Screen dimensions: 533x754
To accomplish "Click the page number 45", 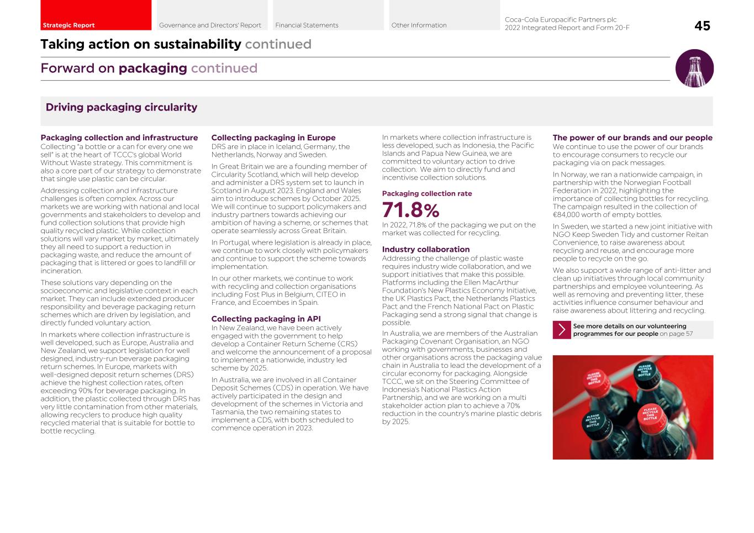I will [x=702, y=26].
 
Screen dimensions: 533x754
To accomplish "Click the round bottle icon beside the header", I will [x=694, y=68].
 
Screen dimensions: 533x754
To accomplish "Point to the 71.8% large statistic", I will [x=410, y=210].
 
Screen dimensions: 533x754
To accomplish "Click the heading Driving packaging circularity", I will [x=122, y=107].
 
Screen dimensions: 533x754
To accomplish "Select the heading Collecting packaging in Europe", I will [x=273, y=138].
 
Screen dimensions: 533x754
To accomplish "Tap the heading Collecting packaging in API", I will [x=266, y=319].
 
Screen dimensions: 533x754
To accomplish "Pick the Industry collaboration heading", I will [x=426, y=249].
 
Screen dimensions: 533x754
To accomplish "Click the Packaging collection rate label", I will [x=427, y=193].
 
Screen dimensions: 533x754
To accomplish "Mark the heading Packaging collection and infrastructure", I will [x=119, y=138].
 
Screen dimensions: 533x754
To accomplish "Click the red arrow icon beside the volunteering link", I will [x=562, y=330].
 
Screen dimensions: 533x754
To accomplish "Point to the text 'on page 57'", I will [x=676, y=334].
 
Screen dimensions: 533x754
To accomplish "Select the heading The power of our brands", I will [x=632, y=138].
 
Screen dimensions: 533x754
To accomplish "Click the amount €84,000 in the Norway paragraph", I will [x=566, y=215].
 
